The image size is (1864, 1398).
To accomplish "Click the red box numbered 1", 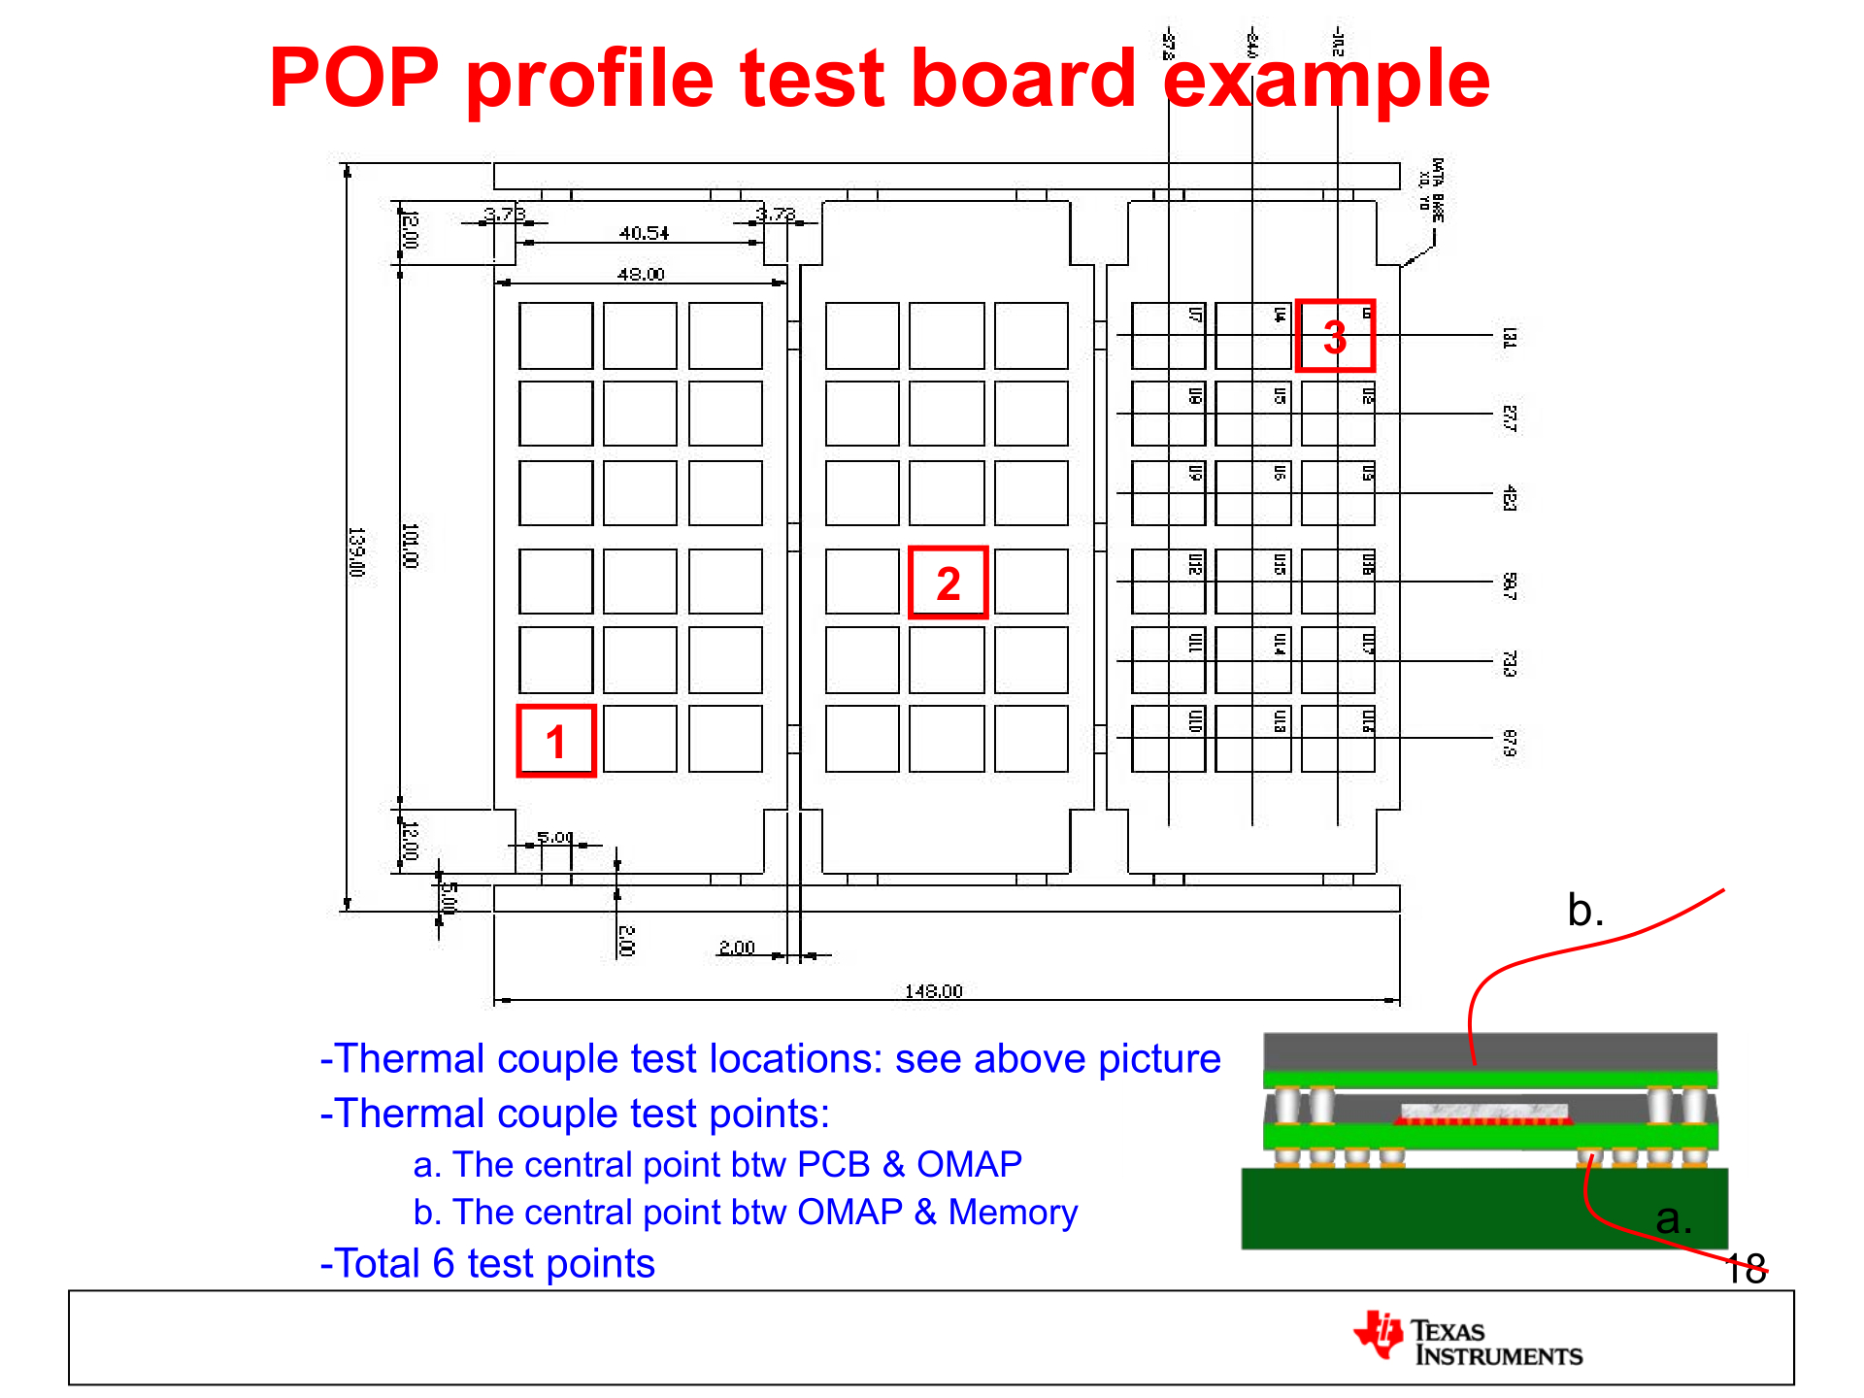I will coord(555,741).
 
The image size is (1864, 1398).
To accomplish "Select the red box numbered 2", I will coord(948,582).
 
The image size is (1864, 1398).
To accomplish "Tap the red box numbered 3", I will coord(1335,336).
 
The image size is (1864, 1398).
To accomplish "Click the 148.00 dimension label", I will coord(933,990).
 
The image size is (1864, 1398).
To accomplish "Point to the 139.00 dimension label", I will coord(356,551).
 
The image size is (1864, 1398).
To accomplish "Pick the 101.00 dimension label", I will coord(410,545).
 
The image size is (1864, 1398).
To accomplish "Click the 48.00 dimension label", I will coord(641,274).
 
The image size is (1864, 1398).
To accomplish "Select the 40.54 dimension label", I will coord(644,233).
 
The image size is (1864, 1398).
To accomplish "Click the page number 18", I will coord(1746,1268).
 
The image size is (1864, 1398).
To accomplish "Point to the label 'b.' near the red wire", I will coord(1584,911).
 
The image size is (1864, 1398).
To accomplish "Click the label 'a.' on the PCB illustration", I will coord(1673,1218).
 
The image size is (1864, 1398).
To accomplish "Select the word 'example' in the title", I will coord(1325,80).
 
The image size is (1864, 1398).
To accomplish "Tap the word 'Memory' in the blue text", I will coord(1013,1212).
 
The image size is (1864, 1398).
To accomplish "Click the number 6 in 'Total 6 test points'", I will coord(443,1263).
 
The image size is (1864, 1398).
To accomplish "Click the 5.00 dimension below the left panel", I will coord(555,837).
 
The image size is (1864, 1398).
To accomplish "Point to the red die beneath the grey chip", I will coord(1482,1120).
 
